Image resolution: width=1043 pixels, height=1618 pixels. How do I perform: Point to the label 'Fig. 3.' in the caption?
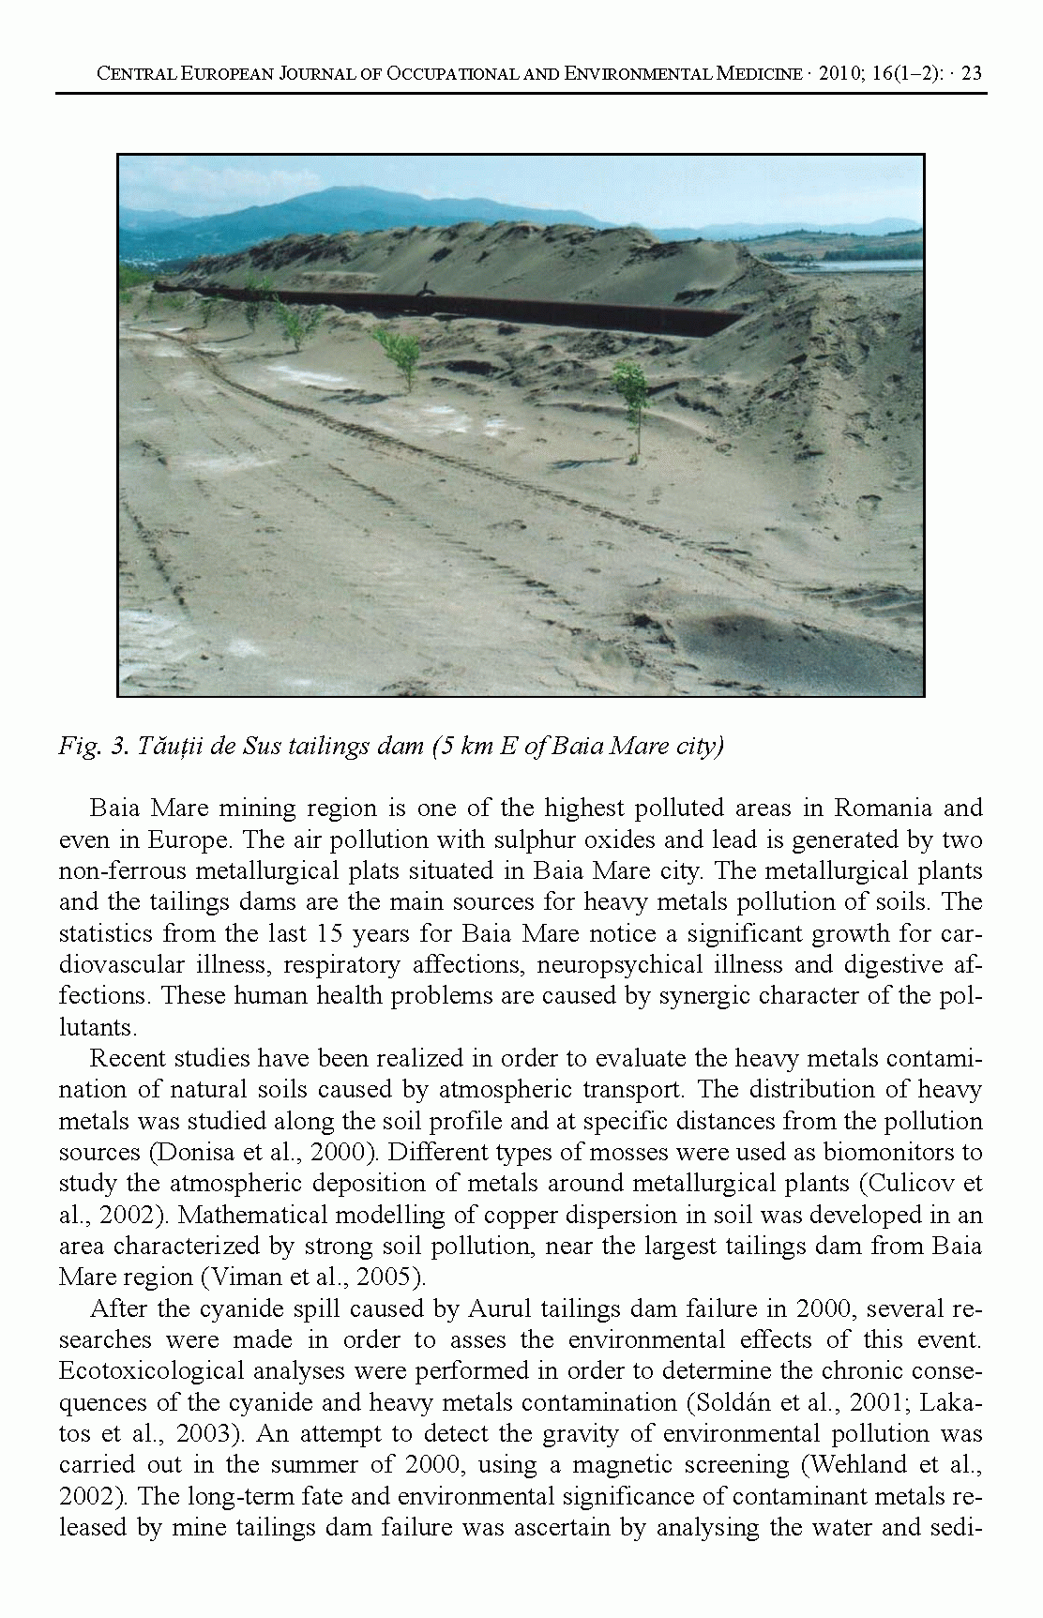tap(93, 747)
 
